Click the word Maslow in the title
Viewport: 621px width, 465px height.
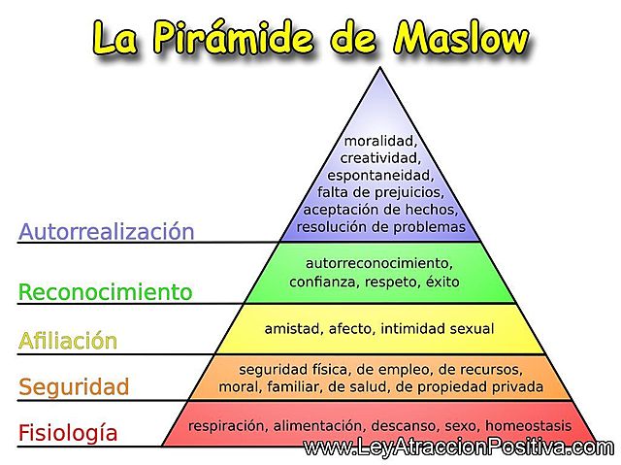(461, 38)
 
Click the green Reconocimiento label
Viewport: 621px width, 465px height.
(106, 291)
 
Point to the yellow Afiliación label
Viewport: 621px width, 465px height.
(82, 341)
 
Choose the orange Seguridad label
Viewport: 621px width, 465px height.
(74, 387)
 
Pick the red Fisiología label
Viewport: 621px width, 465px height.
(68, 433)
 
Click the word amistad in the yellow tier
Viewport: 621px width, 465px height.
(292, 329)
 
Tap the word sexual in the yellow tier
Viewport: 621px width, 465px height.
(470, 329)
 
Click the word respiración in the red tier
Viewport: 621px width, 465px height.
(228, 425)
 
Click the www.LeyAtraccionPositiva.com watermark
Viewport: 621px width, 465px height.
(458, 448)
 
